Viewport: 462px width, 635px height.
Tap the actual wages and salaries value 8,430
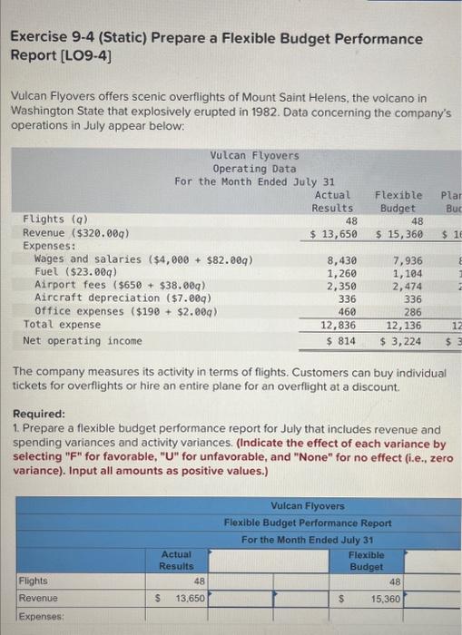[x=341, y=260]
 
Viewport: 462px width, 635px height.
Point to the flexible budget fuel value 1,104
[x=407, y=273]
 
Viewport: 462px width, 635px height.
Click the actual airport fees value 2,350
[x=341, y=285]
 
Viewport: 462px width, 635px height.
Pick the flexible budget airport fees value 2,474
[x=407, y=285]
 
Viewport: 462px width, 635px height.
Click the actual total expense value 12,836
[x=338, y=323]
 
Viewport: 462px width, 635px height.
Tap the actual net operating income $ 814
[x=340, y=340]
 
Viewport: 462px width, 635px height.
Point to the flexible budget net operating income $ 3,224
[x=401, y=340]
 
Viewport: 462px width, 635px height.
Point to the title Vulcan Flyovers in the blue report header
[x=308, y=505]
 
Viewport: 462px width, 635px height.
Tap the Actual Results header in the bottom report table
[x=176, y=560]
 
